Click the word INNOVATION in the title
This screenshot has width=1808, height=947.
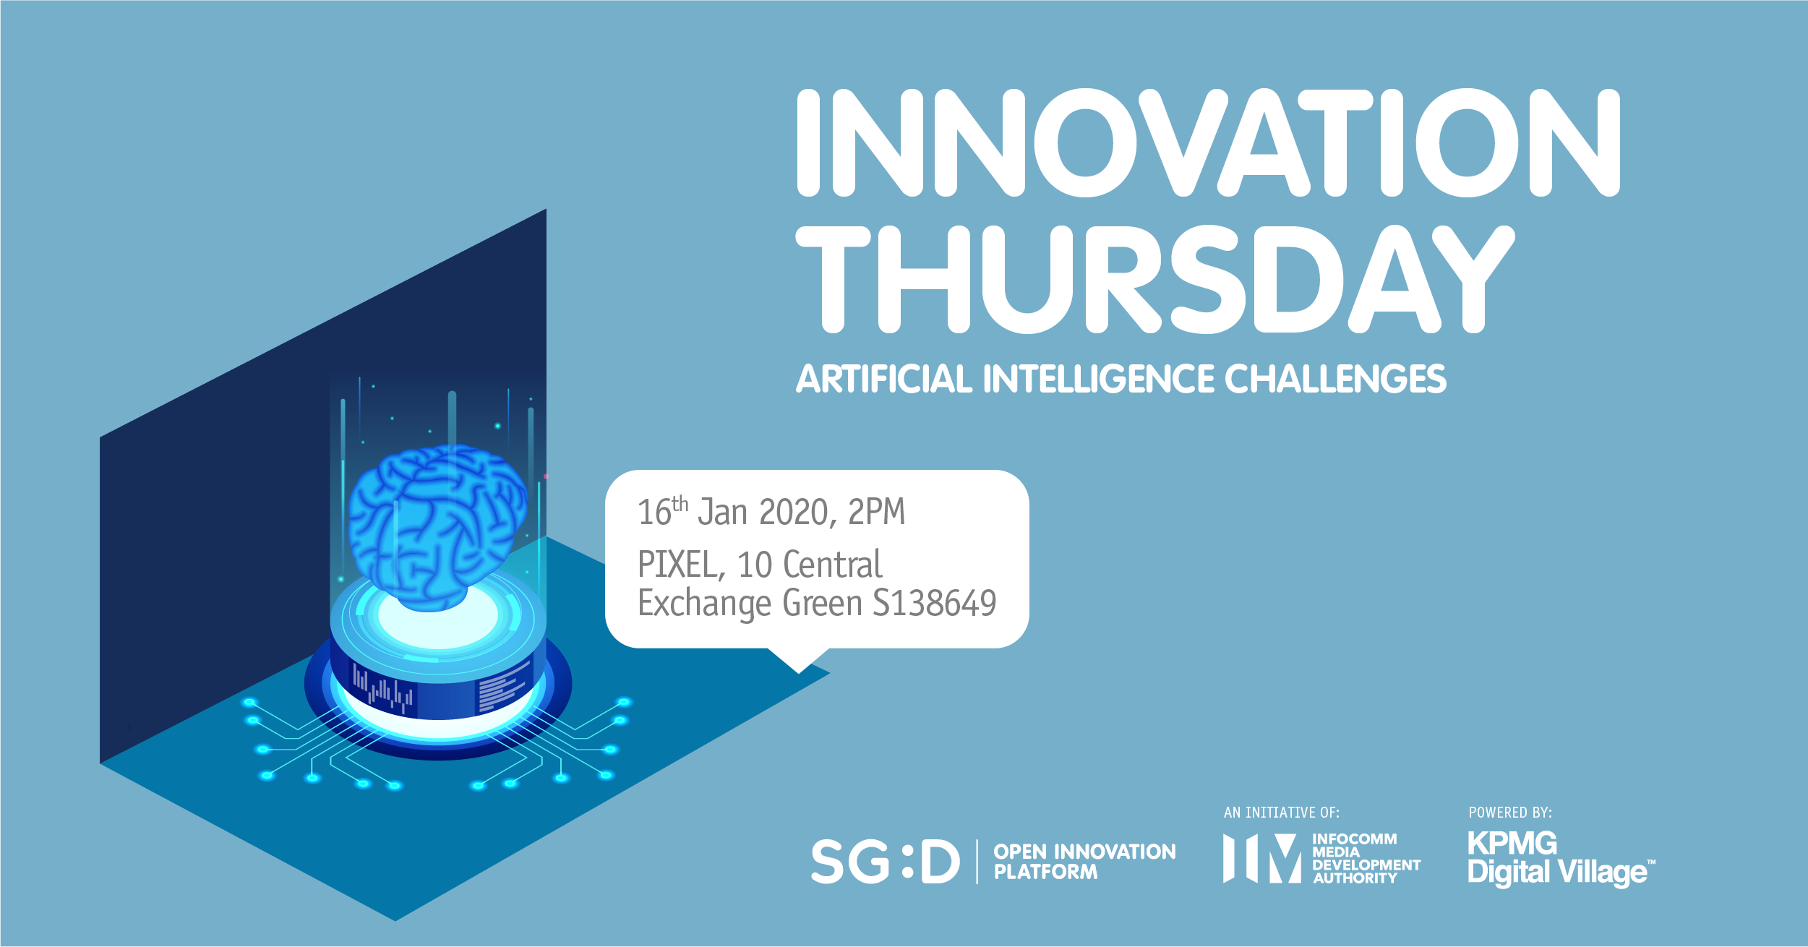[1208, 142]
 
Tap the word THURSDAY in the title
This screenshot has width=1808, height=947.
[1155, 279]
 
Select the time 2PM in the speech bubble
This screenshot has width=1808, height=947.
[876, 512]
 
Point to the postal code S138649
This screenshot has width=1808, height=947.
[935, 603]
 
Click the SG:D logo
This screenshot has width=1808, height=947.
[885, 861]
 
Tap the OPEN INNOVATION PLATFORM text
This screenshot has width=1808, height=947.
[1084, 861]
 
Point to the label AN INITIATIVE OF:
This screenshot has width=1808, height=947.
[1281, 813]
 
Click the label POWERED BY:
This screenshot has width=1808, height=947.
[1509, 813]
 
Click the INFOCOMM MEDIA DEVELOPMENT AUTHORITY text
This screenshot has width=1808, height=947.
[1366, 858]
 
